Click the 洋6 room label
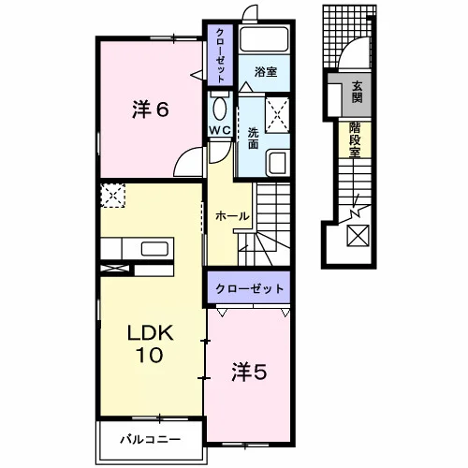pos(151,110)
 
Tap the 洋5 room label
pos(249,373)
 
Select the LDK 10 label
pos(150,344)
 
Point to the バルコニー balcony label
pos(151,440)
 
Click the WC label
pos(220,130)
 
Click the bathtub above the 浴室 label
pos(264,39)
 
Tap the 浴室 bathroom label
pos(266,72)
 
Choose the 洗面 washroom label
pos(253,139)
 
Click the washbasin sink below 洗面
pos(278,162)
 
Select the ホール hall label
pos(232,216)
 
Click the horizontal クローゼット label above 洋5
pos(250,289)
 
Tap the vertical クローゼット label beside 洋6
pos(220,55)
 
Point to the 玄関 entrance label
pos(357,92)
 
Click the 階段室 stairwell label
pos(355,139)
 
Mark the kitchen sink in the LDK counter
pos(154,249)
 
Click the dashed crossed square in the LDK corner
pos(113,196)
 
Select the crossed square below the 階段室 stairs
pos(358,236)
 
